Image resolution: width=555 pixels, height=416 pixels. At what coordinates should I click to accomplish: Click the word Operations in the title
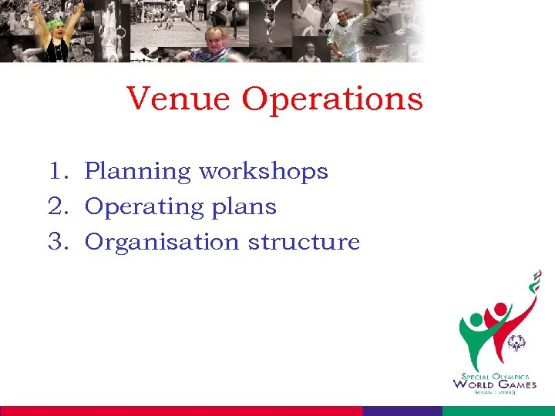(332, 100)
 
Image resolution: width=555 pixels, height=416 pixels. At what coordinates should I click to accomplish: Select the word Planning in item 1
(138, 172)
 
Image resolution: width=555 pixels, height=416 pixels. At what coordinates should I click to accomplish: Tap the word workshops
(264, 171)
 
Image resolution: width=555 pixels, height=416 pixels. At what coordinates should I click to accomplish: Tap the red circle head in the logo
(499, 310)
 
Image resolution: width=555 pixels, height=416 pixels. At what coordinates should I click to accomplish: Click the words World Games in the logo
(494, 384)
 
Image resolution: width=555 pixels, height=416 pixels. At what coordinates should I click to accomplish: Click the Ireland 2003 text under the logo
(494, 393)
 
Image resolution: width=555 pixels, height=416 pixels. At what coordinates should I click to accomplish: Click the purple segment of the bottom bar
(402, 411)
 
